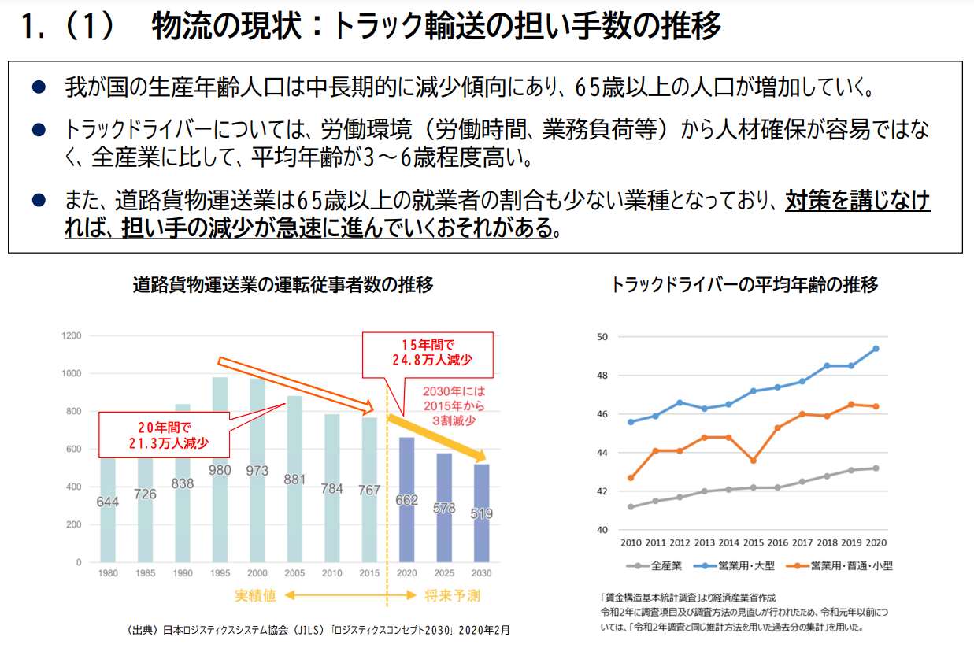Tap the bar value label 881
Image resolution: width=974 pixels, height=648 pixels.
pos(294,479)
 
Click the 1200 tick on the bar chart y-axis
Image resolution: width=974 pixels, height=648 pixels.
pos(72,336)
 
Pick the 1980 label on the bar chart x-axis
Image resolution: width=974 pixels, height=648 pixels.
pos(108,573)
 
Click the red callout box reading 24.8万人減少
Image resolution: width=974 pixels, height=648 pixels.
pos(427,354)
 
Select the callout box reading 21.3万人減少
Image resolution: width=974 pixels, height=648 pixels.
pos(163,435)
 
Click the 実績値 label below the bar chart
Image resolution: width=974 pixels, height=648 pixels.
pos(255,595)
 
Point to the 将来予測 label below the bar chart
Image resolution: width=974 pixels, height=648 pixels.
pos(452,595)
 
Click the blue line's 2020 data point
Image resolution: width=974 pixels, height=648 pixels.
pos(876,348)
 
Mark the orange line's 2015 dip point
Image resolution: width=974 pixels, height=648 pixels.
pos(753,461)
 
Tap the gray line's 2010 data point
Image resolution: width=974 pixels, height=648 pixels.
pos(631,506)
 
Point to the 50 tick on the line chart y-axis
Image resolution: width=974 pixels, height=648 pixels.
pos(602,337)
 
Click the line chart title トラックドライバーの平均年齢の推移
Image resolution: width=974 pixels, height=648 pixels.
pos(744,285)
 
